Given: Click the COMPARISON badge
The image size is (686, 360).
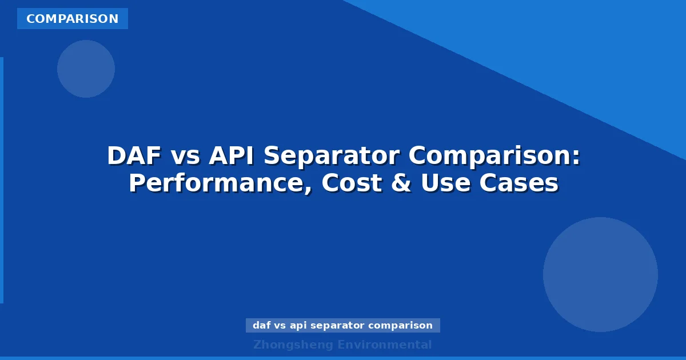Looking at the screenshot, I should tap(72, 19).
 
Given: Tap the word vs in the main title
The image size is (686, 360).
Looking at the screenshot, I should tap(186, 156).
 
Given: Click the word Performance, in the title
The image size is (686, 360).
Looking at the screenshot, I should tap(220, 184).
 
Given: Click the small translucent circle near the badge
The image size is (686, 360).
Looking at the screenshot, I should tap(86, 69).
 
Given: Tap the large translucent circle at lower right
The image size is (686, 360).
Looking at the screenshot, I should tap(600, 274).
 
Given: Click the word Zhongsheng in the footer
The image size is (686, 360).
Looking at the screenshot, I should tap(293, 345).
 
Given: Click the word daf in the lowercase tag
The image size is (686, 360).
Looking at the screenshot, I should tap(262, 326).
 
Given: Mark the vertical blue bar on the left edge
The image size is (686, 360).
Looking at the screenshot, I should tap(2, 180).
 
